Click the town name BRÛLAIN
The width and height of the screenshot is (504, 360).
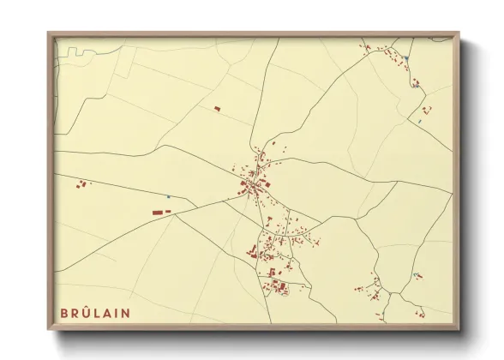pyautogui.click(x=95, y=313)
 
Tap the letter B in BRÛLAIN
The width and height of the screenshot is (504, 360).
pyautogui.click(x=64, y=313)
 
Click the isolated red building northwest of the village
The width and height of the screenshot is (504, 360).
pyautogui.click(x=217, y=109)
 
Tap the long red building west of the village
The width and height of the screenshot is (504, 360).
pyautogui.click(x=160, y=210)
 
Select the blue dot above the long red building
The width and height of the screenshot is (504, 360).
pyautogui.click(x=168, y=197)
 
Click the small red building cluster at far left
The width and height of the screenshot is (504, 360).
pyautogui.click(x=82, y=183)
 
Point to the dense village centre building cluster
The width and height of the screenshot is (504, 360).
pyautogui.click(x=253, y=183)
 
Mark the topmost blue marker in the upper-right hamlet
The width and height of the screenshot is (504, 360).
pyautogui.click(x=407, y=57)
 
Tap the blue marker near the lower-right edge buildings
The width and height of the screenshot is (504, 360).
pyautogui.click(x=416, y=275)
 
